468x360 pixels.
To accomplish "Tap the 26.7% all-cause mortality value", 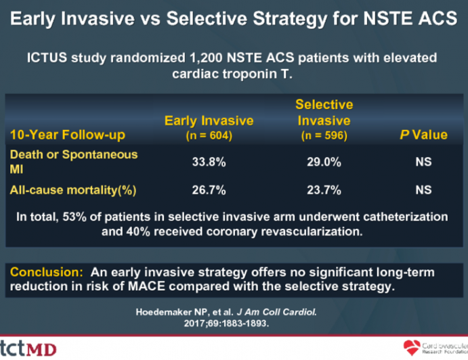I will tap(209, 191).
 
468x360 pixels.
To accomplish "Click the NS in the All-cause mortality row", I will tap(423, 191).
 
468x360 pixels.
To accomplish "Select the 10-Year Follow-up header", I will tap(66, 135).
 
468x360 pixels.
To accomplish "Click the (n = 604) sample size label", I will tap(209, 135).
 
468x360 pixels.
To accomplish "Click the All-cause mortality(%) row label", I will tap(72, 191).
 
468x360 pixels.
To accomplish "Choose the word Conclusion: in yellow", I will tap(45, 271).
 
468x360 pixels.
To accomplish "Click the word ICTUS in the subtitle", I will tap(46, 58).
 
